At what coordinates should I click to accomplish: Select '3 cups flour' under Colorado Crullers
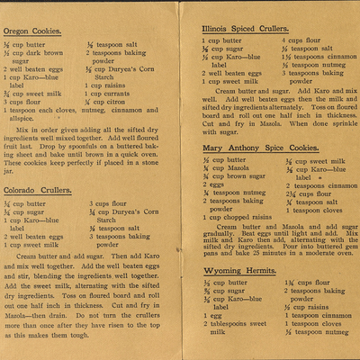point(107,203)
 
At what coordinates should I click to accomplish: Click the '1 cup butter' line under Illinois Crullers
point(225,40)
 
